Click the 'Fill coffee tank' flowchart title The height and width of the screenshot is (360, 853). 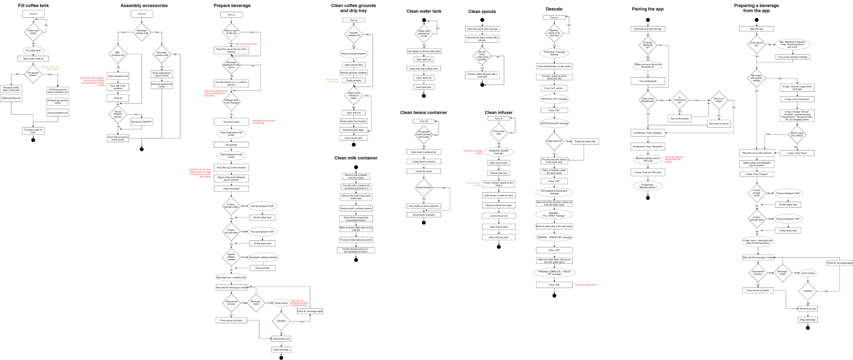(x=33, y=5)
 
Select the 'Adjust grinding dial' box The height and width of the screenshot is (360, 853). (x=11, y=98)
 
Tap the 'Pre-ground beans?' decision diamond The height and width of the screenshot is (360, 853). (x=33, y=74)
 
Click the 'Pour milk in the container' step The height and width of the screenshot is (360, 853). (x=118, y=87)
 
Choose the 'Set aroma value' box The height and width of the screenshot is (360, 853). (x=231, y=122)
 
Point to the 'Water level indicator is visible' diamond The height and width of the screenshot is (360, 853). (x=353, y=96)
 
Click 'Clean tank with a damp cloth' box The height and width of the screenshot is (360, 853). (x=423, y=69)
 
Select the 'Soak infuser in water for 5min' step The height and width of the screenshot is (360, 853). (x=498, y=196)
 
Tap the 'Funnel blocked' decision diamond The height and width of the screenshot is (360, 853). (x=424, y=187)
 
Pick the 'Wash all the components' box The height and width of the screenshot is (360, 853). (x=356, y=219)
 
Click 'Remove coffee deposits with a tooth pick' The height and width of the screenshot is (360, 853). (x=482, y=75)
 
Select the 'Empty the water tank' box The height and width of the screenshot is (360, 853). (x=585, y=141)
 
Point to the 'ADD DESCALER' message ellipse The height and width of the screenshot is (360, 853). (x=554, y=124)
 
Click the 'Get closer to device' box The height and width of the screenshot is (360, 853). (x=719, y=124)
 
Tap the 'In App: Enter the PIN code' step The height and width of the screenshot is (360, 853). (x=648, y=172)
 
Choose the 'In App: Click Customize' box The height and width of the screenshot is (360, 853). (x=797, y=99)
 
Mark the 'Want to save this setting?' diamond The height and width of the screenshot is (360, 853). (x=797, y=134)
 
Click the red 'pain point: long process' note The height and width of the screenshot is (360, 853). (x=586, y=285)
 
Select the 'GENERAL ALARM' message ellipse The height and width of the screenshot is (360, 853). (x=498, y=152)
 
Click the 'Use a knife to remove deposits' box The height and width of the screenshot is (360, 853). (x=423, y=206)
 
